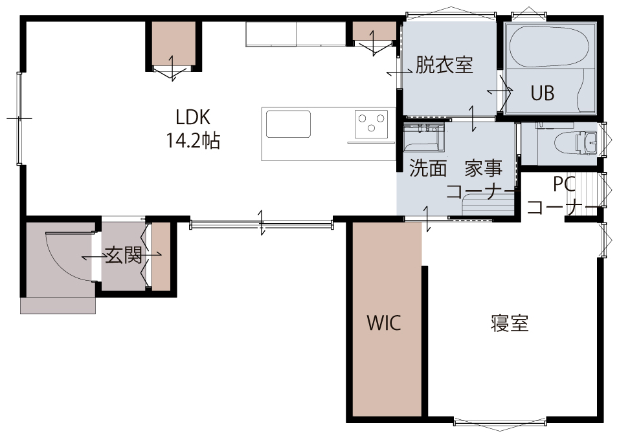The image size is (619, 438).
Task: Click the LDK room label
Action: [193, 117]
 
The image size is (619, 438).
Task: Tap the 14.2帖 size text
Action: [193, 140]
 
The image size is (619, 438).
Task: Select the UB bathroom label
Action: [543, 93]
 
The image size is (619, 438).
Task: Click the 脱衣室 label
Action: [444, 64]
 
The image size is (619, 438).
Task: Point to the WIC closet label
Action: [384, 323]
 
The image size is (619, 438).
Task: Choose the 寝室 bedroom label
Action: [510, 323]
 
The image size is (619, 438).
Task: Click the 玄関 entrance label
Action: [124, 256]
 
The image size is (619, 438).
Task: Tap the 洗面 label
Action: [428, 168]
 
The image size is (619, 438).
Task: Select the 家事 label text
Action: [483, 168]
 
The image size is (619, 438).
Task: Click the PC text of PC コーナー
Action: [565, 184]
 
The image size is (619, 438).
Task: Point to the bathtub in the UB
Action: [550, 47]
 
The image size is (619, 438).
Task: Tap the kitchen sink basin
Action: [288, 124]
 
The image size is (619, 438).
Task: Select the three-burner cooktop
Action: [371, 124]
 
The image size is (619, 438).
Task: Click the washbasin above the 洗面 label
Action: [423, 137]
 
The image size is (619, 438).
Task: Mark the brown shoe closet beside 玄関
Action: [161, 256]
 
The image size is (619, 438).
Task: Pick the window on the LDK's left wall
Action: [19, 118]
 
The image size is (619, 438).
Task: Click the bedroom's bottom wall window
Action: [500, 422]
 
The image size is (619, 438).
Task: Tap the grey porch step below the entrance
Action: [58, 305]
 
